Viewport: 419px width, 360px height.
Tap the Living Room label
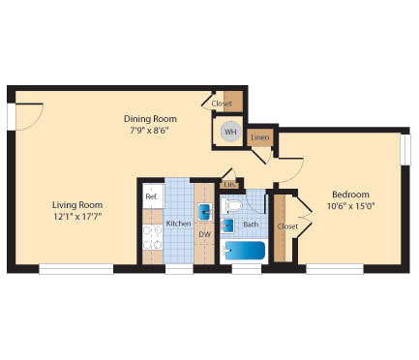77,205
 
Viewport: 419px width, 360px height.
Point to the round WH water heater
229,133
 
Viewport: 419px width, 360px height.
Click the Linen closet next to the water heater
259,138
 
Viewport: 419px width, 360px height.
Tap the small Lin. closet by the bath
229,184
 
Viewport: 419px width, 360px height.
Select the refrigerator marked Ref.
151,195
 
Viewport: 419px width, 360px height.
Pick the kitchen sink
204,213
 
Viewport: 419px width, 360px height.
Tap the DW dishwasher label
204,234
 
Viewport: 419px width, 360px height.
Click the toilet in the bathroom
229,205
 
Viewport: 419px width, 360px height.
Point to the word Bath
251,225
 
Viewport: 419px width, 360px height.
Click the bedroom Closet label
287,226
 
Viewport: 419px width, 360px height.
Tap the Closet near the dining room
222,102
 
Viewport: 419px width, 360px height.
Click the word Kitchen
178,225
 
